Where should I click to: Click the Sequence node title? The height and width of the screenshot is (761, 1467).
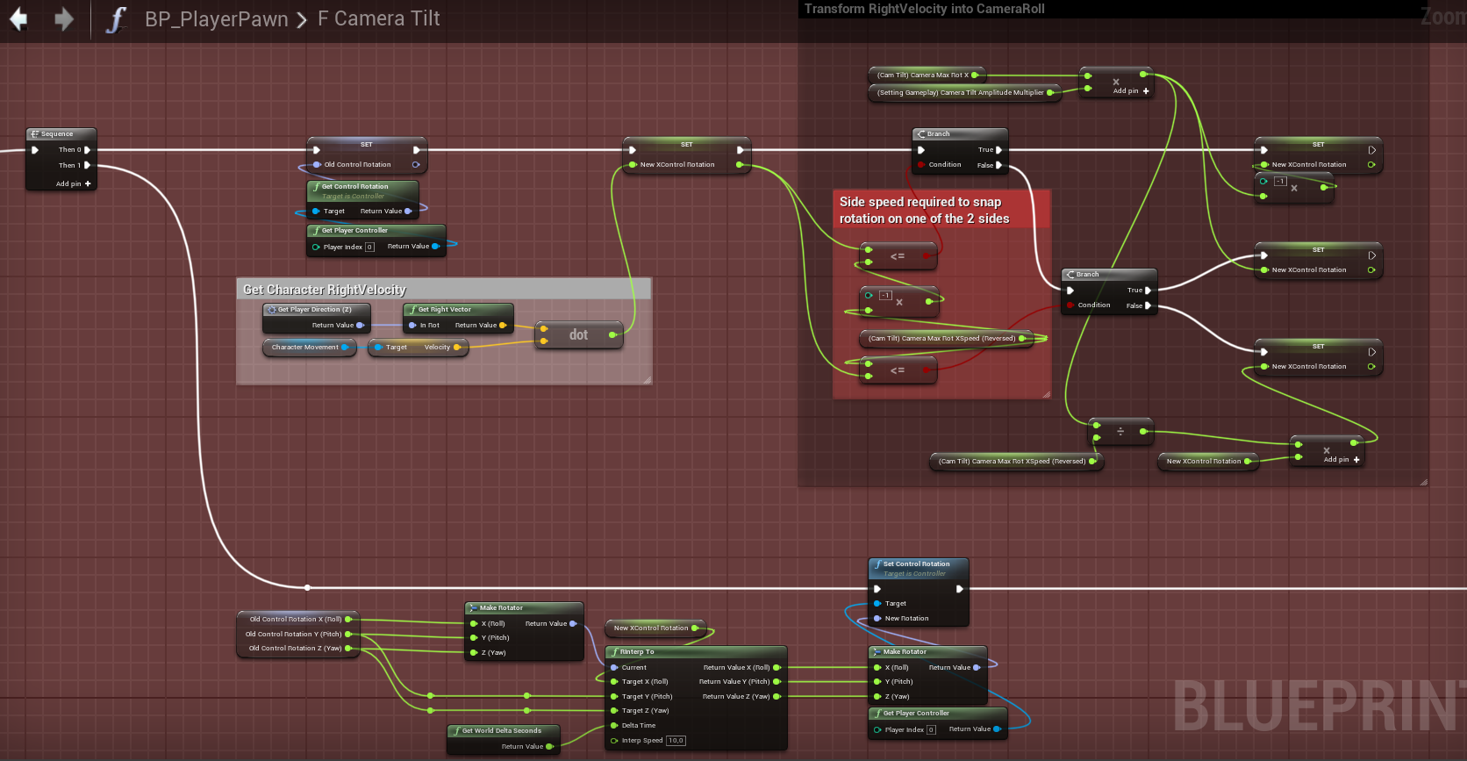coord(57,134)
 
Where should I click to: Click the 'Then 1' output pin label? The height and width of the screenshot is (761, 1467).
coord(69,165)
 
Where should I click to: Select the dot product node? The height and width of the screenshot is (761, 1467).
coord(578,334)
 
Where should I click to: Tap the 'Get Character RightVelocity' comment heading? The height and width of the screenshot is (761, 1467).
coord(325,290)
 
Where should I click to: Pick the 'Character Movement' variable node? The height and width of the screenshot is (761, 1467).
coord(304,348)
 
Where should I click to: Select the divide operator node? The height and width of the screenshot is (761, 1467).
coord(1120,431)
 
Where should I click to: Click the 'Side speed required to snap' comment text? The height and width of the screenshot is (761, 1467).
coord(920,202)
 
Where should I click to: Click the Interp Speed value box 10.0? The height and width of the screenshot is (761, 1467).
coord(676,741)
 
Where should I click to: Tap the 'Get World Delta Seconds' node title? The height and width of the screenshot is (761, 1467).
coord(501,731)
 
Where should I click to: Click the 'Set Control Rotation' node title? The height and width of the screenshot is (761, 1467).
coord(916,564)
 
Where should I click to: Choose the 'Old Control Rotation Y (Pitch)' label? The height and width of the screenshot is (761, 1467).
coord(293,634)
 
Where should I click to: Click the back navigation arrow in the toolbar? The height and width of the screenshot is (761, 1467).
coord(18,18)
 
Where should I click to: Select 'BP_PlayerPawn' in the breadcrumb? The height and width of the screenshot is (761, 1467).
coord(216,19)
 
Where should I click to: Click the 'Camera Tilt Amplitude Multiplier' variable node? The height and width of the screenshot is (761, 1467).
coord(961,92)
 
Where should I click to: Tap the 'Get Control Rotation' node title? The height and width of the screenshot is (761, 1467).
coord(354,187)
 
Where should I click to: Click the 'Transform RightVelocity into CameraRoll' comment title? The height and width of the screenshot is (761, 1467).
coord(925,9)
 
